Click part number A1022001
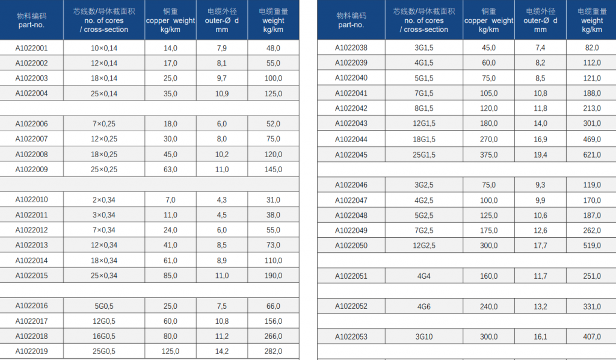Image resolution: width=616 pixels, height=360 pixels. pos(31,48)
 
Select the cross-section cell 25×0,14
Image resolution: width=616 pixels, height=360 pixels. pos(104,93)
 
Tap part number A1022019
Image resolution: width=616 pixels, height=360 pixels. pos(31,352)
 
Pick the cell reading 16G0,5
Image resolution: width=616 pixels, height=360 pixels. pos(104,337)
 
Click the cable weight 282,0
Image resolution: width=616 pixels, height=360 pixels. pos(274,352)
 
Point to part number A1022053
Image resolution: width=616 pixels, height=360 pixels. pos(351,337)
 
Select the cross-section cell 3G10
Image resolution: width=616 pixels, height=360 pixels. pos(424,337)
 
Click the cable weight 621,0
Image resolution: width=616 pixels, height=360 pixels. pos(592,155)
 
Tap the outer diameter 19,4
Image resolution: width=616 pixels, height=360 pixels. pos(540,155)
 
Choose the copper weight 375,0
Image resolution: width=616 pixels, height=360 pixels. pos(488,155)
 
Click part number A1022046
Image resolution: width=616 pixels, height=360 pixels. pos(351,185)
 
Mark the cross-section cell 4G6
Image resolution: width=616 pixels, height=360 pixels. pos(424,306)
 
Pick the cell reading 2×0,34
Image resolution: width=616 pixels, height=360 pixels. pos(104,200)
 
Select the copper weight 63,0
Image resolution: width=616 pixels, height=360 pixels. pos(170,169)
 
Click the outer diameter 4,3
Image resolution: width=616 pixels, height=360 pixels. pos(222,200)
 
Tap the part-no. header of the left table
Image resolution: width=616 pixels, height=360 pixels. pos(31,20)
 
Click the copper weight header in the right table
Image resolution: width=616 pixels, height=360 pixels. pos(488,20)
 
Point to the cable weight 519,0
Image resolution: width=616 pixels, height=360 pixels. pos(592,246)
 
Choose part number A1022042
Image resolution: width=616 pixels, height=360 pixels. pos(351,108)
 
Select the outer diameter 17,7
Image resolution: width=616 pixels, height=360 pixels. pos(540,246)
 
